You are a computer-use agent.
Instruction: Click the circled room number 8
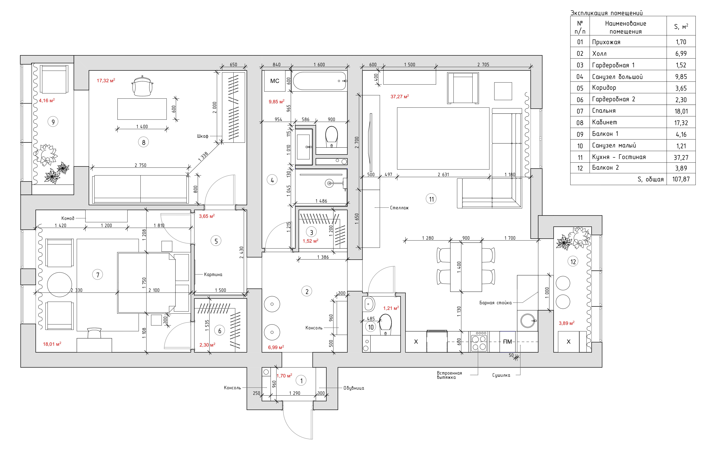tap(144, 142)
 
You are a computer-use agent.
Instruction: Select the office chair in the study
tap(143, 86)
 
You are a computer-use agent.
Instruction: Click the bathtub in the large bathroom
tap(319, 81)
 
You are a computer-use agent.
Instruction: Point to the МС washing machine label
tap(275, 81)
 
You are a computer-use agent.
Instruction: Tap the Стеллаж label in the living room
tap(399, 208)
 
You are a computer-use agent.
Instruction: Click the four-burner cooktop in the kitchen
tap(479, 341)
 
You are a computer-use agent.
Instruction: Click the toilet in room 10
tap(385, 324)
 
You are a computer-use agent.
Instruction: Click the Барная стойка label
tap(495, 303)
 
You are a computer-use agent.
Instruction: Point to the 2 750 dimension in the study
tap(140, 165)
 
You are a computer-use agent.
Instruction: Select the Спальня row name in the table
tap(604, 111)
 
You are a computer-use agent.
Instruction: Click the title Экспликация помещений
tap(606, 13)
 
